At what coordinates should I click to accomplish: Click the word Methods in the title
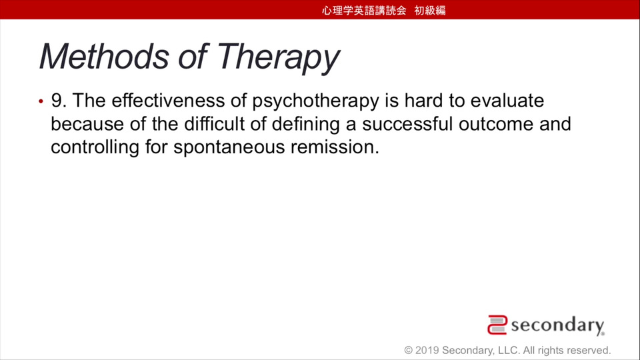(x=104, y=56)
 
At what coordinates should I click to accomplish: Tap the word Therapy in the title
(x=278, y=59)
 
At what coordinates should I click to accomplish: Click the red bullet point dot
(x=41, y=101)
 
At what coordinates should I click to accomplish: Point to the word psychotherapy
(x=315, y=101)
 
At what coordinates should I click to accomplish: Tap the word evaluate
(x=507, y=101)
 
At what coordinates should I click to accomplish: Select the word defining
(x=306, y=125)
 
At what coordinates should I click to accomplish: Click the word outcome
(x=496, y=125)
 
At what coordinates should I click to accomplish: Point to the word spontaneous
(x=229, y=148)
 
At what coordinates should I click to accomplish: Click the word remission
(x=335, y=147)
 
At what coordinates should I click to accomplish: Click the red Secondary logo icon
(x=497, y=325)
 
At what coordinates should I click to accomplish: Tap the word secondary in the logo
(x=557, y=325)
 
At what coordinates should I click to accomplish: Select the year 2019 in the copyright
(x=427, y=350)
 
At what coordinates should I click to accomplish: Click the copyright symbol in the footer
(x=408, y=350)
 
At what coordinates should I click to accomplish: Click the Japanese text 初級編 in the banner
(x=430, y=10)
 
